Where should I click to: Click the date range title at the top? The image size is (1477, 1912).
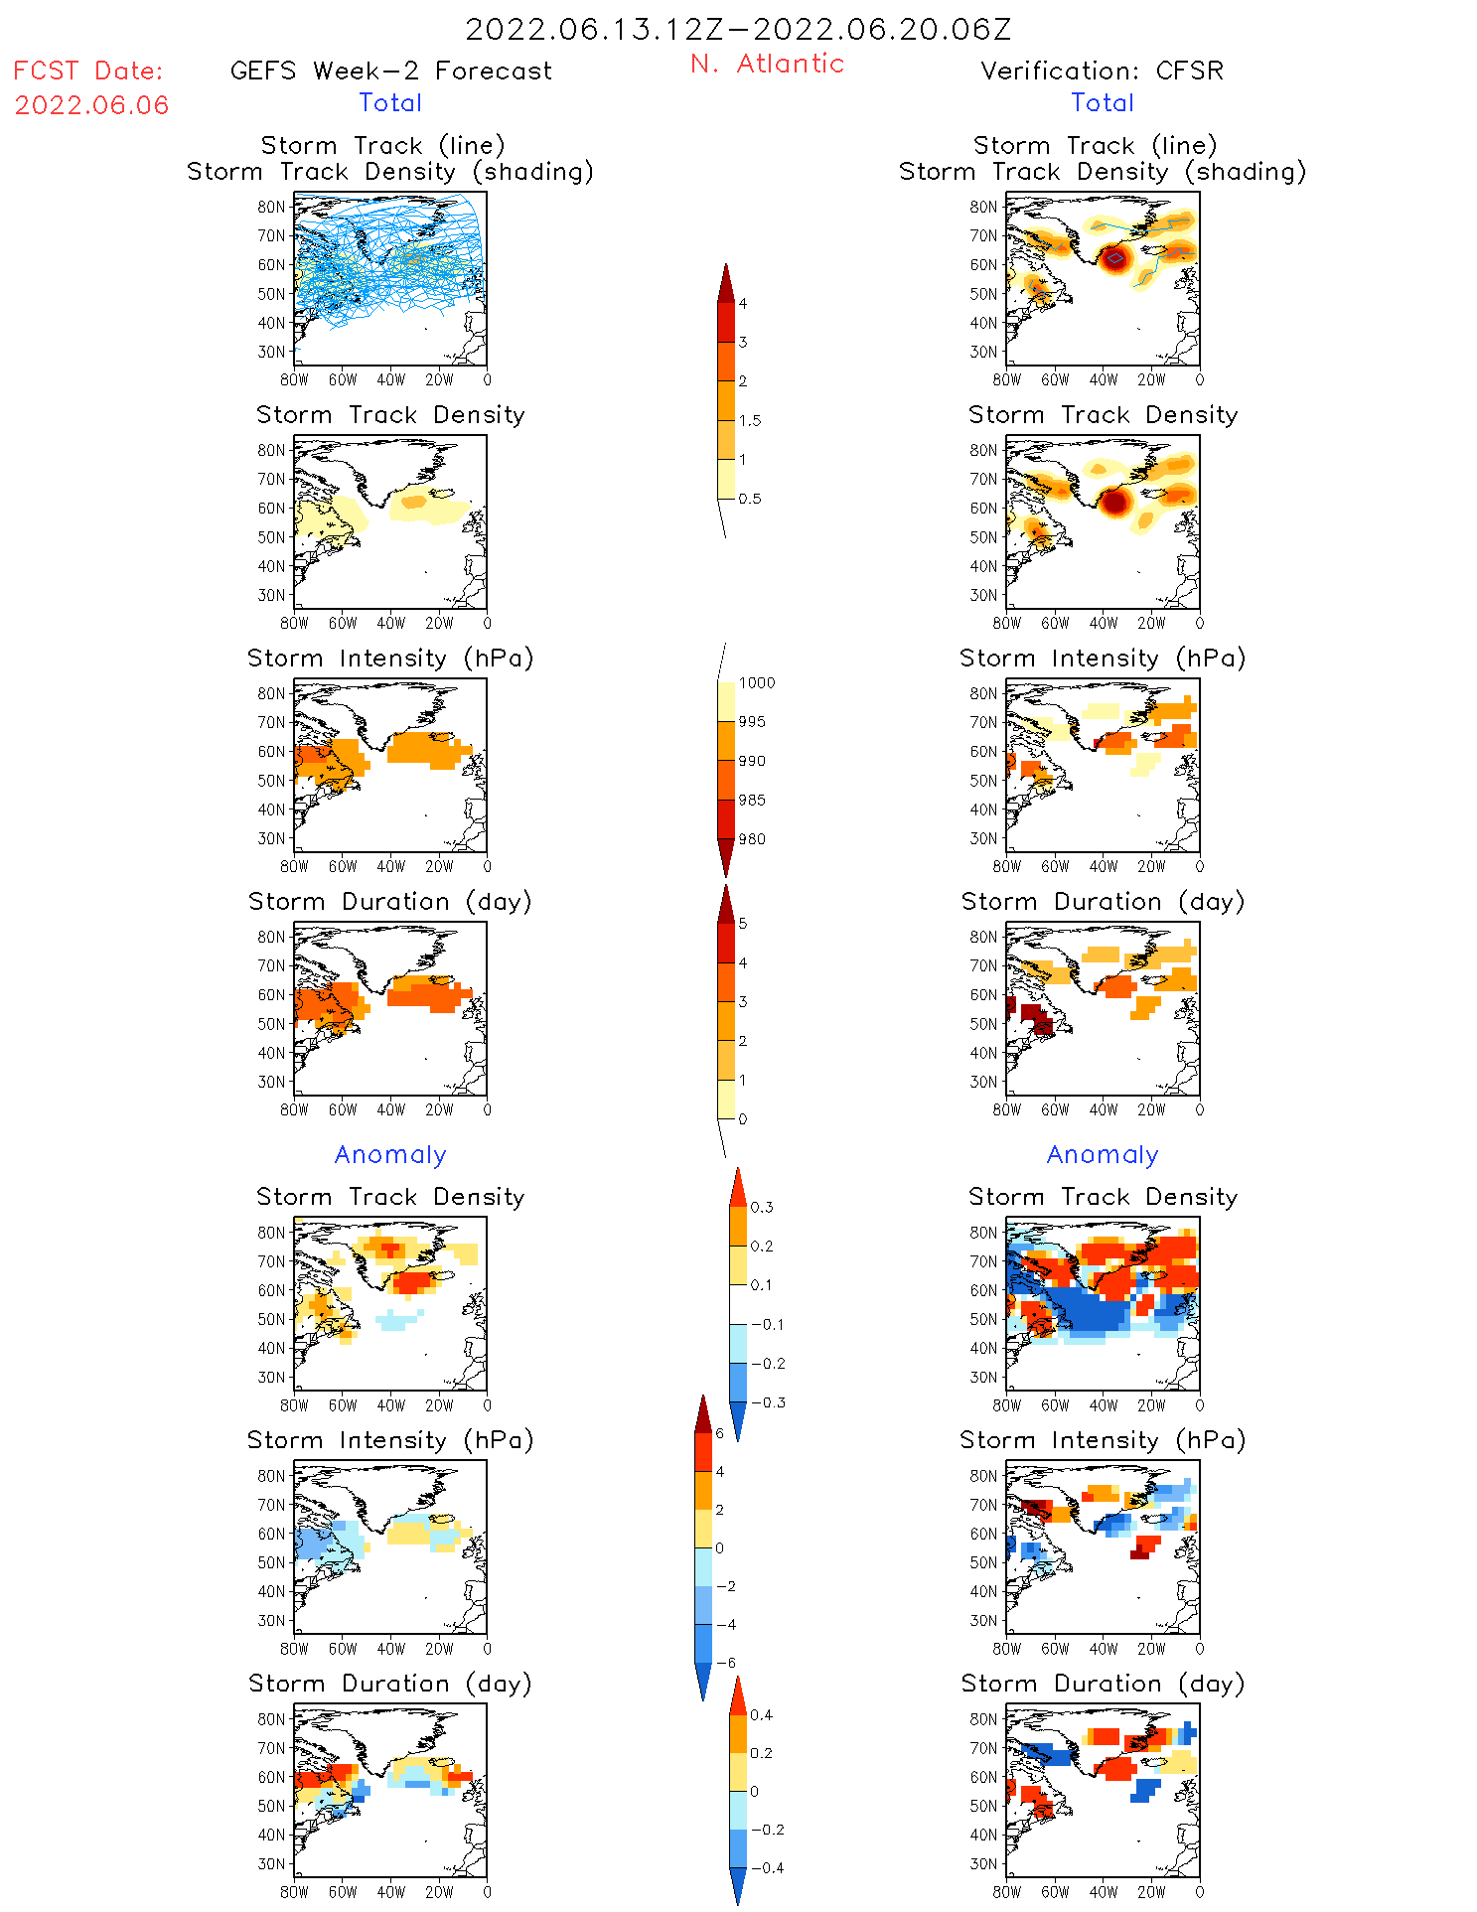(x=738, y=29)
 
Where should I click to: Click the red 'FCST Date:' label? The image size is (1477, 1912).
(x=88, y=71)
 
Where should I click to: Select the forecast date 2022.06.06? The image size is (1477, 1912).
(x=91, y=104)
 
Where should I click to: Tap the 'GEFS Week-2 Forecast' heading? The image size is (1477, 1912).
(x=390, y=71)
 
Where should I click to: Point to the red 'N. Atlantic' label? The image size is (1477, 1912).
(x=767, y=64)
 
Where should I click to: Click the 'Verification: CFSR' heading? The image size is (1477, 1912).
(x=1102, y=71)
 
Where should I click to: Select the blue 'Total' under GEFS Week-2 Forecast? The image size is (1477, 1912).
(x=390, y=102)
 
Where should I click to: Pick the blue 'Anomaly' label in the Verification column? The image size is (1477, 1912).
(x=1103, y=1154)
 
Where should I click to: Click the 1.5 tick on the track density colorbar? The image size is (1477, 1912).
(x=750, y=420)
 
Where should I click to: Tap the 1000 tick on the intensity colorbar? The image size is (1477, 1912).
(x=756, y=682)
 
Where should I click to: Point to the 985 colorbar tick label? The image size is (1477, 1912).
(x=752, y=800)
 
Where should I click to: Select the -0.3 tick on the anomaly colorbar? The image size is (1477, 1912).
(x=768, y=1402)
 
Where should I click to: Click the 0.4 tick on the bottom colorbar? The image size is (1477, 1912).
(x=761, y=1714)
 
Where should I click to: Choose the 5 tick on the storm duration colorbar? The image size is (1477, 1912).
(x=742, y=923)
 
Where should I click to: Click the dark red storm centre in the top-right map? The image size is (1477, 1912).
(x=1114, y=258)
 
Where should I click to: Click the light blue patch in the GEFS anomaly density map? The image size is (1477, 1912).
(x=397, y=1319)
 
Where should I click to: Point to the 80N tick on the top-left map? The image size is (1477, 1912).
(x=271, y=207)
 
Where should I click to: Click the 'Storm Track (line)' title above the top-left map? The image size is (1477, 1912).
(x=382, y=145)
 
